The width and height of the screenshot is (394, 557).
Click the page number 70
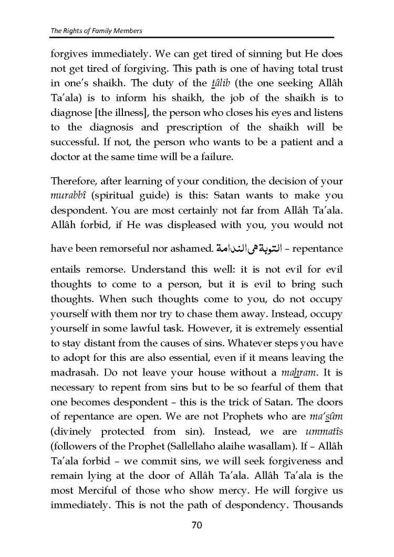coord(196,525)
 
